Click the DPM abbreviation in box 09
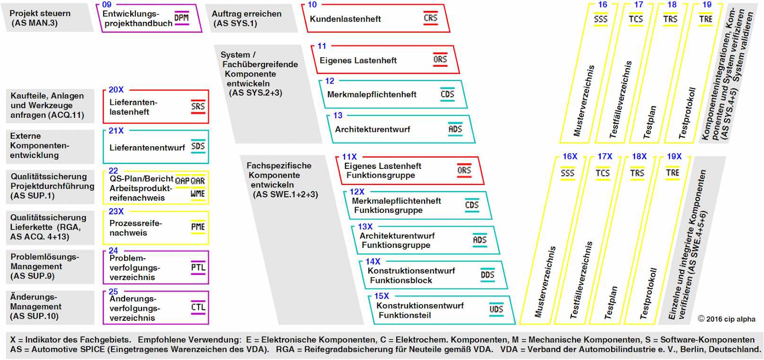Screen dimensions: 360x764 (181, 18)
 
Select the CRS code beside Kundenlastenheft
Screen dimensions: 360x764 (430, 18)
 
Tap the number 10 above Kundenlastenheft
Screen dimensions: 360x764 (312, 5)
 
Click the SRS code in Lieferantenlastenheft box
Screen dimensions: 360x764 (198, 106)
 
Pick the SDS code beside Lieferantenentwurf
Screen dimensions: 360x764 (198, 146)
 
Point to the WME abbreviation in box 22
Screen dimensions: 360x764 (198, 193)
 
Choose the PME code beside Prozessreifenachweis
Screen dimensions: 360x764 (198, 227)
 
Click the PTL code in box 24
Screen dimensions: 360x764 (198, 267)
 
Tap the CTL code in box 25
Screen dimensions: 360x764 (198, 307)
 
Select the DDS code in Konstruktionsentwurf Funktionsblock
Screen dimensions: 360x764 (488, 275)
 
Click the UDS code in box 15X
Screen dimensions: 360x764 (496, 309)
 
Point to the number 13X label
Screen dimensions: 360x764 (365, 227)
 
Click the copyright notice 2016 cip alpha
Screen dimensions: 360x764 (727, 319)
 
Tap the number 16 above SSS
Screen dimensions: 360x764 (602, 5)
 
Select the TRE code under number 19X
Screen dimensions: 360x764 (672, 173)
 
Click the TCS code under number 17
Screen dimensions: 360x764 (636, 19)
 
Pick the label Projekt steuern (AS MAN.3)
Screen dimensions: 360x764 (40, 18)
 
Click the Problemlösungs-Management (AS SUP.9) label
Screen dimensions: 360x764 (45, 266)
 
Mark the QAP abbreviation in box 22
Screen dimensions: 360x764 (182, 181)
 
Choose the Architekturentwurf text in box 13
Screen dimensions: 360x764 (373, 129)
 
